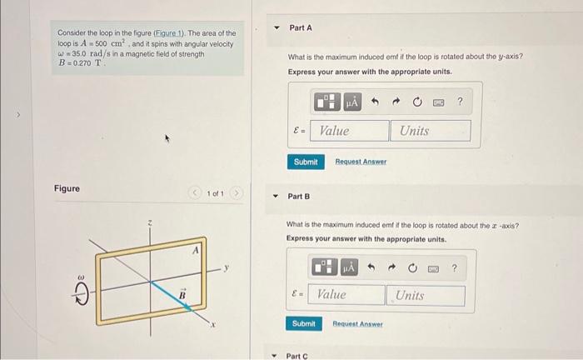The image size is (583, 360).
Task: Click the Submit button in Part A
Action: tap(306, 162)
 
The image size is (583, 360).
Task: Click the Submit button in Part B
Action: tap(304, 323)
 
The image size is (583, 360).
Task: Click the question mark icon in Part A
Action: tap(460, 102)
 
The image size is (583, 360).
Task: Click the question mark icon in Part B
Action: tap(455, 267)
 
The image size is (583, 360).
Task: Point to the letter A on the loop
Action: tap(197, 248)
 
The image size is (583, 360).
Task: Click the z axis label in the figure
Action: tap(149, 222)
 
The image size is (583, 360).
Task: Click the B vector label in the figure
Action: tap(180, 293)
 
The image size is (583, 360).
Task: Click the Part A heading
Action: tap(301, 28)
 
